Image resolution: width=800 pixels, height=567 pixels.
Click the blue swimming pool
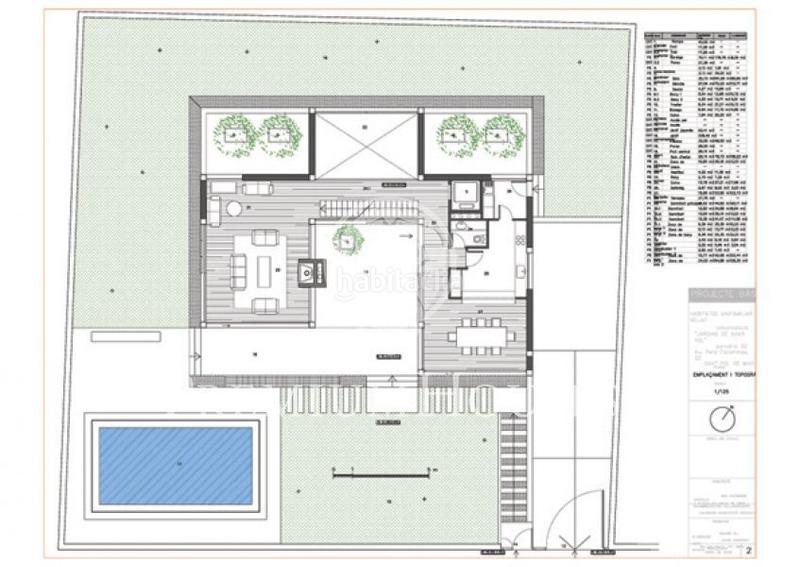pos(174,466)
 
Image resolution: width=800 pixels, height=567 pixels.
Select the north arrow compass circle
pos(721,419)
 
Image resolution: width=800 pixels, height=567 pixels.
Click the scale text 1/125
pos(721,392)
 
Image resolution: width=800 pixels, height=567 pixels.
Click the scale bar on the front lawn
pos(380,473)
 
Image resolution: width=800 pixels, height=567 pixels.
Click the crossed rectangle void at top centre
pos(366,144)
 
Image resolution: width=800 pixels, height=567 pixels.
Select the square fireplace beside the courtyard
pos(310,271)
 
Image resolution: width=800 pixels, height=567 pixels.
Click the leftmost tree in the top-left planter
pos(233,135)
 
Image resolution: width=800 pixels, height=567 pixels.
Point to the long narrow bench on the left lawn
pos(125,336)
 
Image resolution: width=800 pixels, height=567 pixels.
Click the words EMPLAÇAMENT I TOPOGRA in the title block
pos(721,375)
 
